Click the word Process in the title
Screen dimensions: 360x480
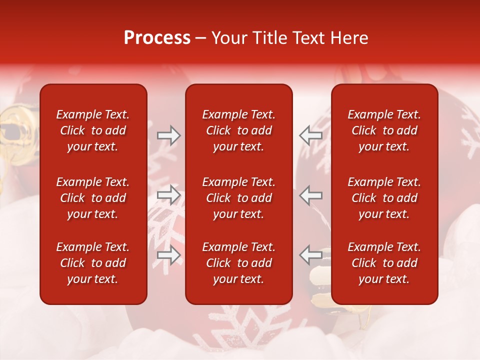click(x=157, y=38)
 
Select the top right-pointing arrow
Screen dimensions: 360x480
click(x=168, y=135)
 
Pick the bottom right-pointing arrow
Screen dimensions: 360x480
click(x=168, y=255)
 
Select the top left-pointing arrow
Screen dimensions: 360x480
click(x=310, y=135)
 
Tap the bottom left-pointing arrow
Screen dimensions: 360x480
click(x=310, y=255)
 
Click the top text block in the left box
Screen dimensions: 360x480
click(x=93, y=130)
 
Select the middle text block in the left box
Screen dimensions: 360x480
click(x=93, y=198)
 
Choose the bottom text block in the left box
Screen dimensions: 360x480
click(x=93, y=263)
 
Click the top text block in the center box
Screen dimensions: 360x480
click(x=238, y=130)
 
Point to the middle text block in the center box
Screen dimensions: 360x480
click(x=238, y=198)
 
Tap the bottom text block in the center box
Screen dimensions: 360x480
click(x=238, y=263)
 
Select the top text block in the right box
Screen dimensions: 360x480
click(x=384, y=130)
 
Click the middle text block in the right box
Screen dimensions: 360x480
click(x=384, y=198)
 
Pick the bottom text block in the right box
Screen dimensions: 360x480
click(x=384, y=263)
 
